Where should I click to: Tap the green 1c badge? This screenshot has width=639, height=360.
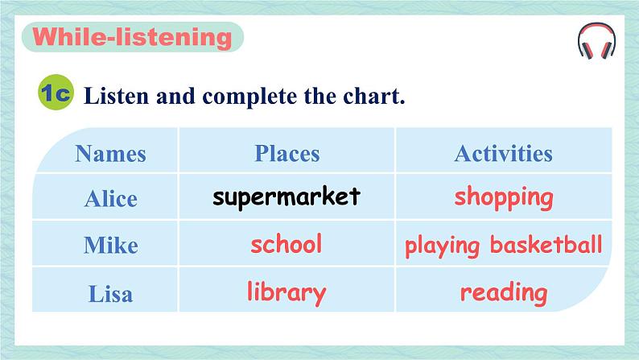click(56, 92)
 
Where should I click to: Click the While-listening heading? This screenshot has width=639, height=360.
click(132, 37)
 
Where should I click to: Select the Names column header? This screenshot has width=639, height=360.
click(110, 154)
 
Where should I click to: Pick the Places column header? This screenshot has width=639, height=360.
click(287, 154)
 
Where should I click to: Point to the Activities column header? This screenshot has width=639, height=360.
click(504, 154)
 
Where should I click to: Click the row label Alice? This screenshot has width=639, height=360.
click(110, 200)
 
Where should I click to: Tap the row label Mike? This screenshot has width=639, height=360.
click(111, 245)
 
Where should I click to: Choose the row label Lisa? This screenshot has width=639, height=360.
click(110, 293)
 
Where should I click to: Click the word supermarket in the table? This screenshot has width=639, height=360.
click(287, 197)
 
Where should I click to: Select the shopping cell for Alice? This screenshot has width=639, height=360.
click(504, 197)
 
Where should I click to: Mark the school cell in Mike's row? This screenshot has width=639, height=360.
click(286, 244)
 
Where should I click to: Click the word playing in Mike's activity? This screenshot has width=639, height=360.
click(442, 246)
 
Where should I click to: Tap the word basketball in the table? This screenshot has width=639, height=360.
click(546, 244)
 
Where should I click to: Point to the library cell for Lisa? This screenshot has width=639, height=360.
click(287, 292)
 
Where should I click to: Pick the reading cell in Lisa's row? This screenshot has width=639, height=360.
click(504, 293)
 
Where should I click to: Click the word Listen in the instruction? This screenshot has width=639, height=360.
click(117, 96)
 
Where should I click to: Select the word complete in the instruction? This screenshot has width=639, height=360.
click(249, 97)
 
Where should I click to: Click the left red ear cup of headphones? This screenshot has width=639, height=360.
click(587, 50)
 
